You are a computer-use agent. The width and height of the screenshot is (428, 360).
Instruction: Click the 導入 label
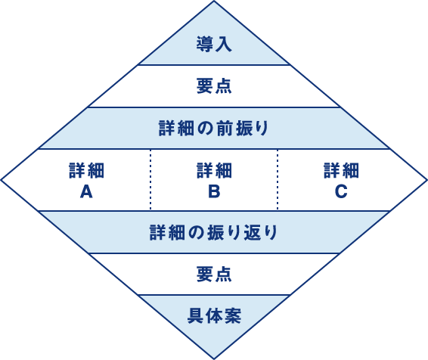click(x=214, y=44)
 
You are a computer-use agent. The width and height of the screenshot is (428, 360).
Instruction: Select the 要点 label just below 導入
click(x=214, y=85)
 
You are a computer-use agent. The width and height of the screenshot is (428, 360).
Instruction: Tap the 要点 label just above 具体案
click(x=214, y=274)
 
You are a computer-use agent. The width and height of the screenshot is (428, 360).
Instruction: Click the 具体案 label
click(x=214, y=316)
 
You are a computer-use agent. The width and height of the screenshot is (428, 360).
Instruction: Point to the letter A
click(x=86, y=191)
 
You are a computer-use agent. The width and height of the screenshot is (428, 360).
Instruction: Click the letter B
click(x=214, y=191)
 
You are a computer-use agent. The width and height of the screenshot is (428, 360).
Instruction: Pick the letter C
click(x=341, y=191)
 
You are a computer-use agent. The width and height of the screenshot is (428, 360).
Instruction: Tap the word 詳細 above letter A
click(x=86, y=171)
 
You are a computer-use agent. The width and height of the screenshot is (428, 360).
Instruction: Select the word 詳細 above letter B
click(x=214, y=171)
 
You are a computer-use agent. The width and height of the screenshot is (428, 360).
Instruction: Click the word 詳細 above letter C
click(x=341, y=171)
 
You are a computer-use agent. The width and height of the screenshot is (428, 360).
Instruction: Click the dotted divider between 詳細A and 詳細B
click(x=150, y=179)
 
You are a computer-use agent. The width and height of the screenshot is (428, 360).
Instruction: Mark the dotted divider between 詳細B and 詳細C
click(x=278, y=179)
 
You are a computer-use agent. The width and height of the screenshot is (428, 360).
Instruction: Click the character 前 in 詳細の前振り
click(x=225, y=128)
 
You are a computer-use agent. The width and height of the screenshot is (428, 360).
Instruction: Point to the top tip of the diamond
click(x=214, y=1)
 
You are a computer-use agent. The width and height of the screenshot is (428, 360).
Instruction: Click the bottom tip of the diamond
click(x=214, y=359)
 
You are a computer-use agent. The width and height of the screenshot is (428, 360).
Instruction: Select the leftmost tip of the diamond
click(x=1, y=180)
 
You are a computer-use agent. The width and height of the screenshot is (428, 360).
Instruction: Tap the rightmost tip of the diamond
click(x=426, y=180)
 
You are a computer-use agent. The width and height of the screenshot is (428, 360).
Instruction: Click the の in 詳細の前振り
click(x=205, y=129)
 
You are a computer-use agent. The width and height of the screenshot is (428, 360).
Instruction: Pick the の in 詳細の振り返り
click(x=196, y=233)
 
